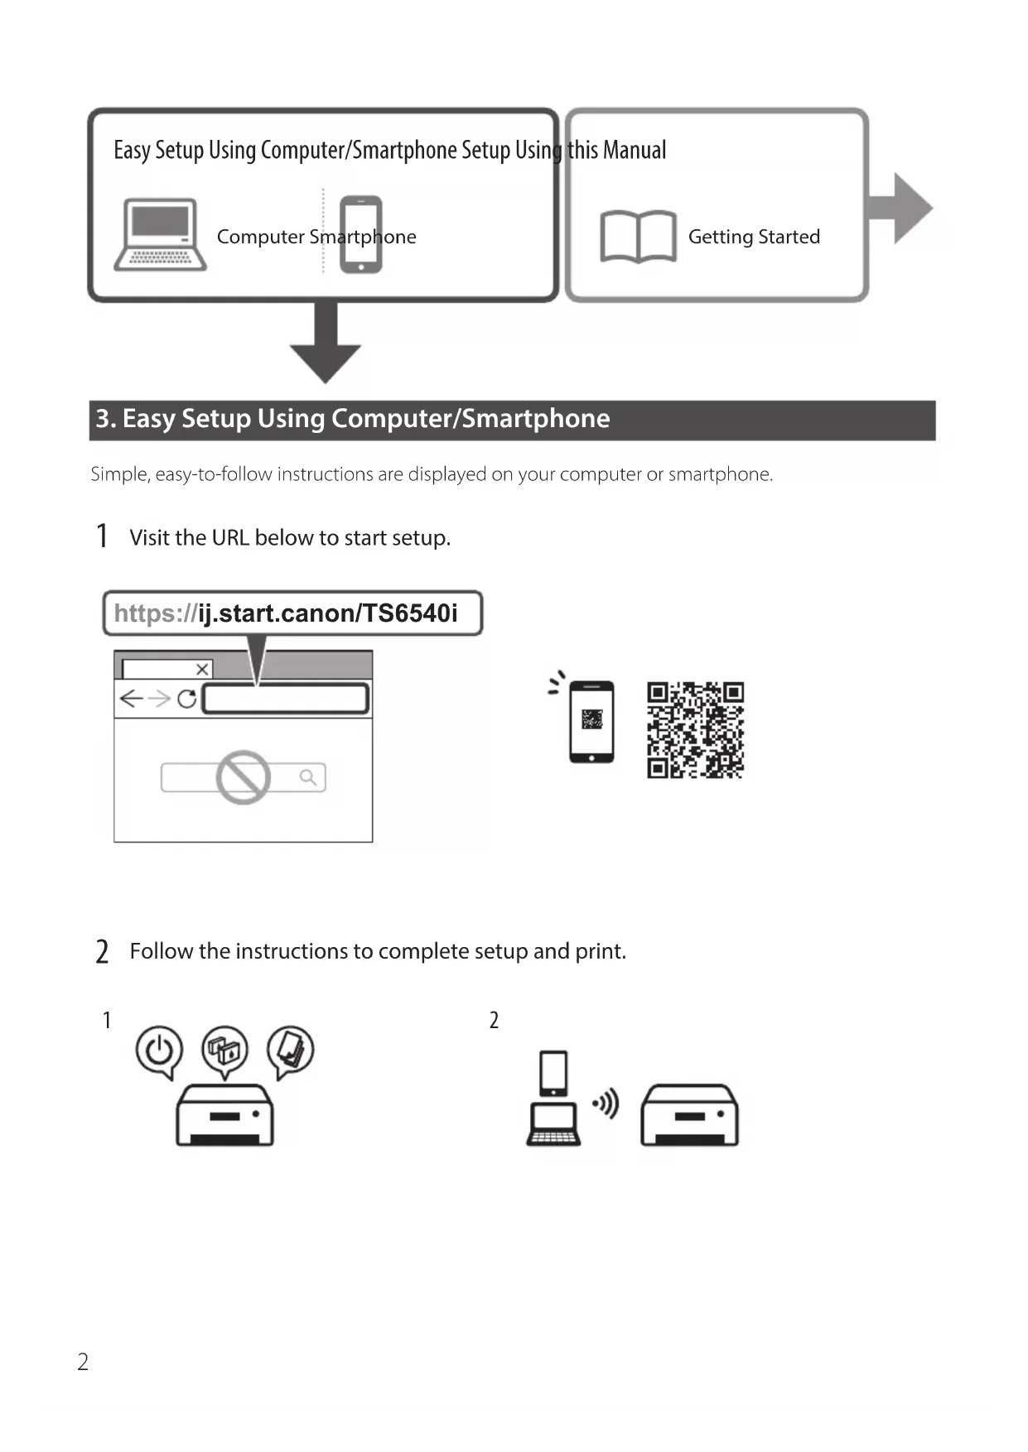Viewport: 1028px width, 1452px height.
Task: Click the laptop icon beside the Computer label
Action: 160,234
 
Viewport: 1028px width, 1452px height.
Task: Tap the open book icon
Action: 637,237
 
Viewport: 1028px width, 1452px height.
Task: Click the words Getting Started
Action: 754,237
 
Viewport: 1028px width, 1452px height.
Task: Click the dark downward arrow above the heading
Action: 326,344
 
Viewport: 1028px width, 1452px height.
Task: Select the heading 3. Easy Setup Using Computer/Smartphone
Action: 353,419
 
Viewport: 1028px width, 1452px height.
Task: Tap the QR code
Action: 695,730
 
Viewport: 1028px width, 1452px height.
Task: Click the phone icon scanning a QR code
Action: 591,720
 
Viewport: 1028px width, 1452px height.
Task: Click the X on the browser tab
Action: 201,669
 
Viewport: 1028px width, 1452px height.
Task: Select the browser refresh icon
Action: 187,699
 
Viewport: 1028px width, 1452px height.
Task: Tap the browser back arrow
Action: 131,699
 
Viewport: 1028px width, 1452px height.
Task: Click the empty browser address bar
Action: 286,699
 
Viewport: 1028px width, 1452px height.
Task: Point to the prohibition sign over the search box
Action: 243,777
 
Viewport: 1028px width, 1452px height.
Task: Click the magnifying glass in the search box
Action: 308,777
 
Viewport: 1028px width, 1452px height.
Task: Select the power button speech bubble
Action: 159,1050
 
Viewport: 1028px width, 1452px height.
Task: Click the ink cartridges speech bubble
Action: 224,1050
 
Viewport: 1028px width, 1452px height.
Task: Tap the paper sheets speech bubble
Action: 290,1050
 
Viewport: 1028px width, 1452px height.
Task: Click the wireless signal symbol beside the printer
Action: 606,1103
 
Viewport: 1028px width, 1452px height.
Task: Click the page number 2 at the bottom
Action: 83,1362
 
